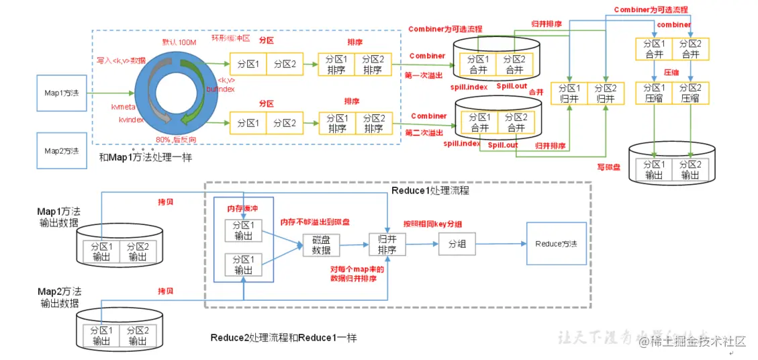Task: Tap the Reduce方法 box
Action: pos(555,244)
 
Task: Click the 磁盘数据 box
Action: pos(322,245)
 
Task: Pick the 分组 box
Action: pos(457,244)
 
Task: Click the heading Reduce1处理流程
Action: pos(430,191)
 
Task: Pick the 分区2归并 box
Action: pos(605,93)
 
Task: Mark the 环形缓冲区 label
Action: pos(230,38)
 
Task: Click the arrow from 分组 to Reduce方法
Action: pos(500,244)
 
